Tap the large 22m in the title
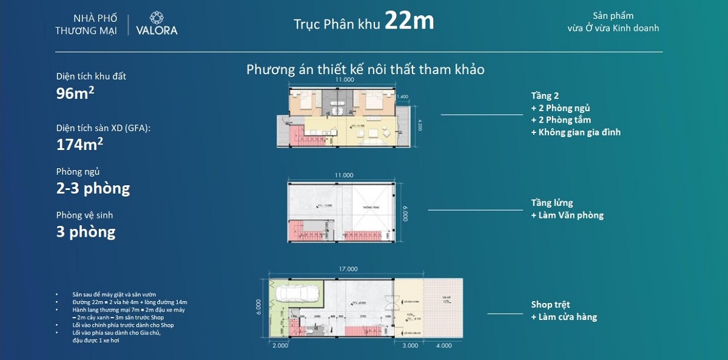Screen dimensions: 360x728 [409, 22]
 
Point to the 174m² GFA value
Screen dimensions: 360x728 [79, 144]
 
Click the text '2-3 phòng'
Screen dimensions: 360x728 [93, 188]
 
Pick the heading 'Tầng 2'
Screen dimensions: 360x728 [544, 96]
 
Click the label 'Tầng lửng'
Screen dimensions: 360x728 [551, 203]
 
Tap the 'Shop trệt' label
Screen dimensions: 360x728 [550, 305]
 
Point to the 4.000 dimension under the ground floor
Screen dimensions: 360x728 [443, 346]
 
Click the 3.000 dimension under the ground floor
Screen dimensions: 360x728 [411, 346]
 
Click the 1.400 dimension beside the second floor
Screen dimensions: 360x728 [402, 97]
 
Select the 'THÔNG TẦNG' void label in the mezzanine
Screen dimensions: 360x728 [371, 207]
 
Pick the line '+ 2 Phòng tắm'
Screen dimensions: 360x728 [561, 120]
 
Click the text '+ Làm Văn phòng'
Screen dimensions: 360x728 [567, 215]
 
